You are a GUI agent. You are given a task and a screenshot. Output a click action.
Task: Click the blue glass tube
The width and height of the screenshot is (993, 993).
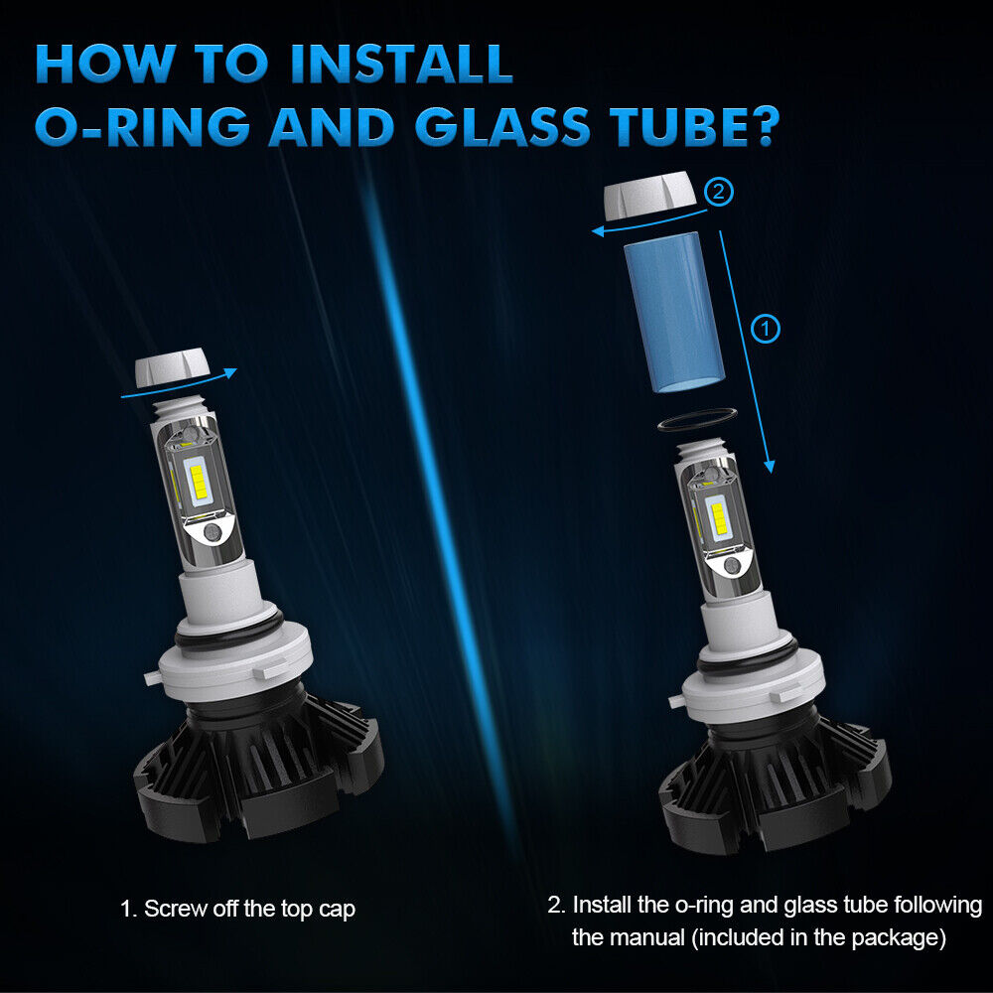(674, 313)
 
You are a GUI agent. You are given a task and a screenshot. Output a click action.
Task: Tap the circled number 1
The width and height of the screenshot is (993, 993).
(765, 329)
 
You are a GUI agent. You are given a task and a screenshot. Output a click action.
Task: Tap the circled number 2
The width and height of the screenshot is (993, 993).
(718, 191)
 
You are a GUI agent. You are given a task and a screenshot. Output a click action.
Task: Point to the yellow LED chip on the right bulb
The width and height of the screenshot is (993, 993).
(719, 517)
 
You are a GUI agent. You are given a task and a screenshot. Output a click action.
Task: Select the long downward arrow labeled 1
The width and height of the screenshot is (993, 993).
(747, 352)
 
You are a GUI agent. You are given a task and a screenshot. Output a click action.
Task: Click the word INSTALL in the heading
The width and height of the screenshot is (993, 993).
(401, 64)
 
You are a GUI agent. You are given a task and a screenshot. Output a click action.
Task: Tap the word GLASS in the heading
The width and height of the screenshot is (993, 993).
(502, 126)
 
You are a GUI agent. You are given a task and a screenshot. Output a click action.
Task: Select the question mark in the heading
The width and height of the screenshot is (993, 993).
(759, 126)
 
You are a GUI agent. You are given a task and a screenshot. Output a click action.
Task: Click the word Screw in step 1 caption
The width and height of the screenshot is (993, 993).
(176, 909)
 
